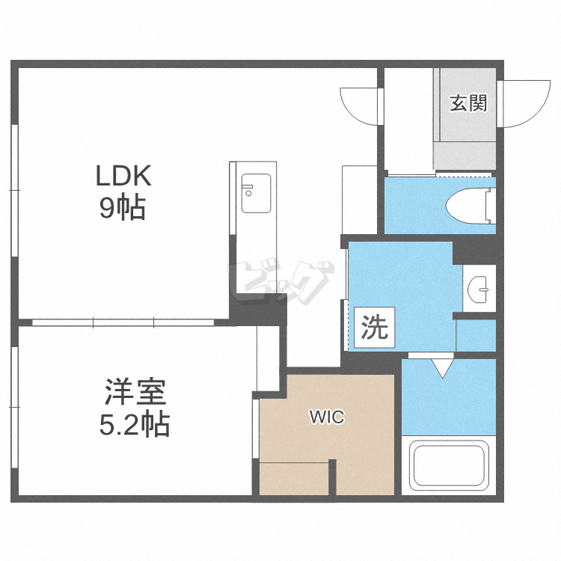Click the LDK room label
click(x=123, y=177)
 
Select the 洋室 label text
click(x=135, y=392)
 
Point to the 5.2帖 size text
click(x=135, y=425)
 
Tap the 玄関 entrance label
click(x=468, y=103)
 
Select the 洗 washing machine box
click(x=375, y=328)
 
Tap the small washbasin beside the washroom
click(x=478, y=287)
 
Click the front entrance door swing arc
click(x=527, y=103)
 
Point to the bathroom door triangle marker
click(x=442, y=366)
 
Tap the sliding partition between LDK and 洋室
click(x=123, y=322)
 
